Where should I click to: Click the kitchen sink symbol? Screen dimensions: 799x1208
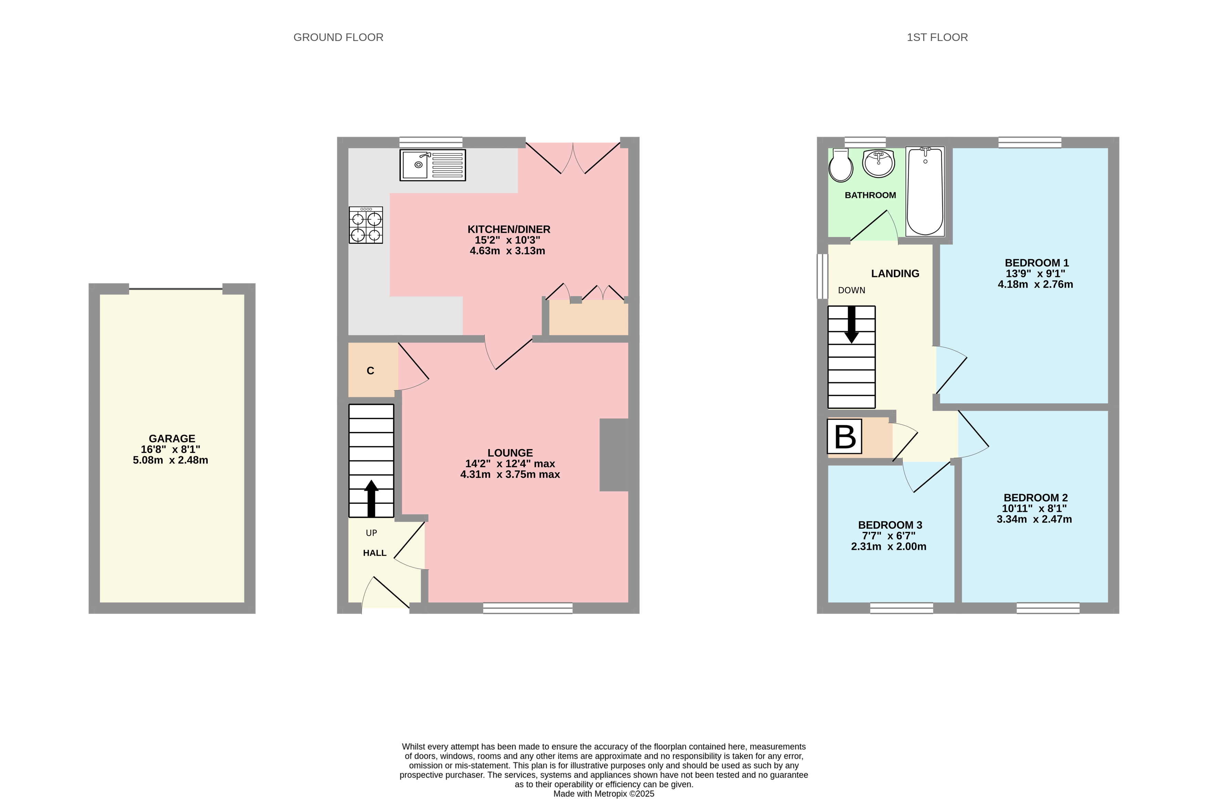(x=432, y=165)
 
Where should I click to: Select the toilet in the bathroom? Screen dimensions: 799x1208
(x=840, y=166)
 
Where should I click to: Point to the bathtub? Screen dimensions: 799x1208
(x=925, y=191)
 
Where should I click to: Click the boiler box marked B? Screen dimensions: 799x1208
(x=844, y=436)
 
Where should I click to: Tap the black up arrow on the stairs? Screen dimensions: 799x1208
(x=371, y=498)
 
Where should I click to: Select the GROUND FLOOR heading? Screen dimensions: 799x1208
(x=338, y=37)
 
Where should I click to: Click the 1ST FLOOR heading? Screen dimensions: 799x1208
(x=937, y=37)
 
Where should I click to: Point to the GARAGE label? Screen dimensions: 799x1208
(x=172, y=438)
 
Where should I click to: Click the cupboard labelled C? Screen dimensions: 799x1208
(x=370, y=371)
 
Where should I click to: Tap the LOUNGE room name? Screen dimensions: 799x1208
(x=510, y=453)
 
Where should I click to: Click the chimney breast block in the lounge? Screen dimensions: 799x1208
(x=613, y=455)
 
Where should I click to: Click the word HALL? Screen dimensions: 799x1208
(x=374, y=553)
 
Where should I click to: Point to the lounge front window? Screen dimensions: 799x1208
(x=527, y=608)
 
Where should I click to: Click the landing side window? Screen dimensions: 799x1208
(x=822, y=276)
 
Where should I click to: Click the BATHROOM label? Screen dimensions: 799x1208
(x=870, y=195)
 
